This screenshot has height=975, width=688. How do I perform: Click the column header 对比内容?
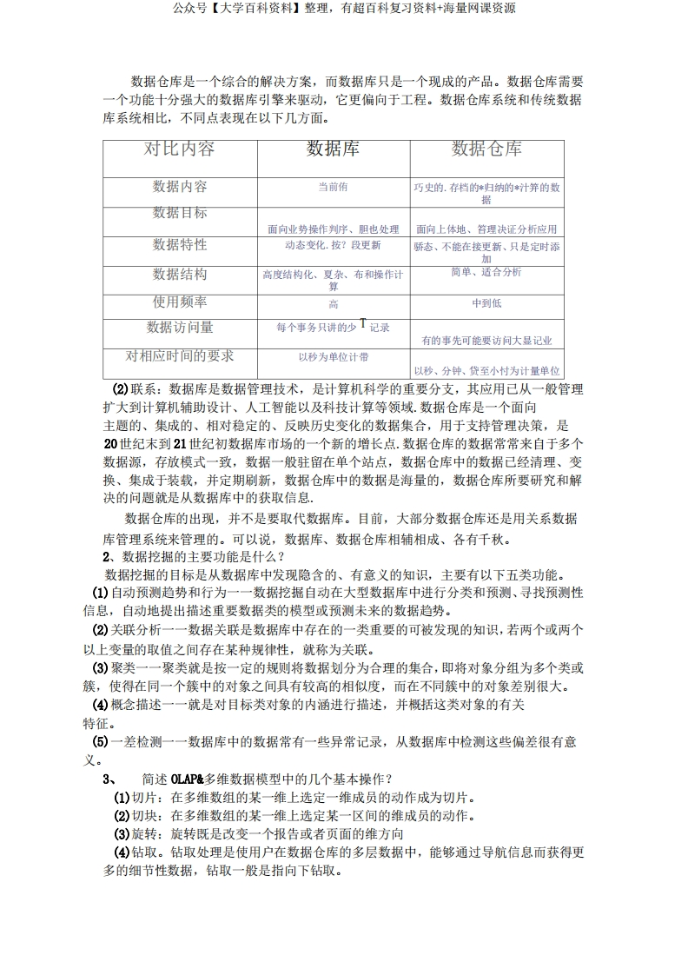(x=179, y=149)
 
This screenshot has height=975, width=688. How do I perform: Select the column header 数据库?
(x=334, y=149)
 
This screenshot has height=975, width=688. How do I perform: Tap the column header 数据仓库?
(x=486, y=149)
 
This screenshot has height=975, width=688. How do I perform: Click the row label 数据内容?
(x=180, y=187)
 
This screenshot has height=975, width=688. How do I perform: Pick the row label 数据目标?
(x=180, y=213)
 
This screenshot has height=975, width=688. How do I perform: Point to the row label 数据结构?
(x=180, y=275)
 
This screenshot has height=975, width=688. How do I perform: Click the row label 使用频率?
(x=180, y=302)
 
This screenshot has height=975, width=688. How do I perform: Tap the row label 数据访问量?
(x=180, y=328)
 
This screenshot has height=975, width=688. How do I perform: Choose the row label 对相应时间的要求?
(x=180, y=356)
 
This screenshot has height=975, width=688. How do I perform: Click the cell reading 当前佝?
(x=333, y=187)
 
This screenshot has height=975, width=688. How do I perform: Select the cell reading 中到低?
(x=486, y=303)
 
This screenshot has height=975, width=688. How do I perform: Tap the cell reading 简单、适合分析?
(x=486, y=272)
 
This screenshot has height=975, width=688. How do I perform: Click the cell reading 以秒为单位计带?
(x=333, y=357)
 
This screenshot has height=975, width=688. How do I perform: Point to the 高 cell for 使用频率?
(x=334, y=304)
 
